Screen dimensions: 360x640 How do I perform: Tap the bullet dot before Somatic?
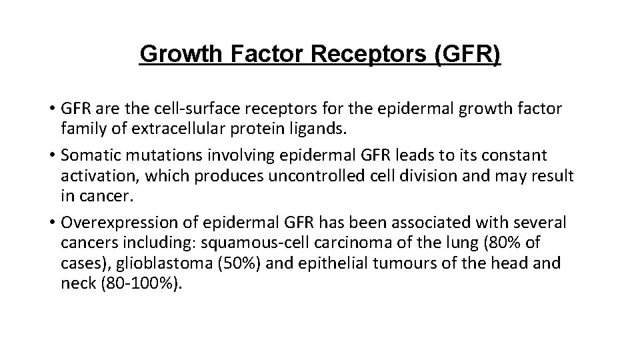pyautogui.click(x=52, y=156)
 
